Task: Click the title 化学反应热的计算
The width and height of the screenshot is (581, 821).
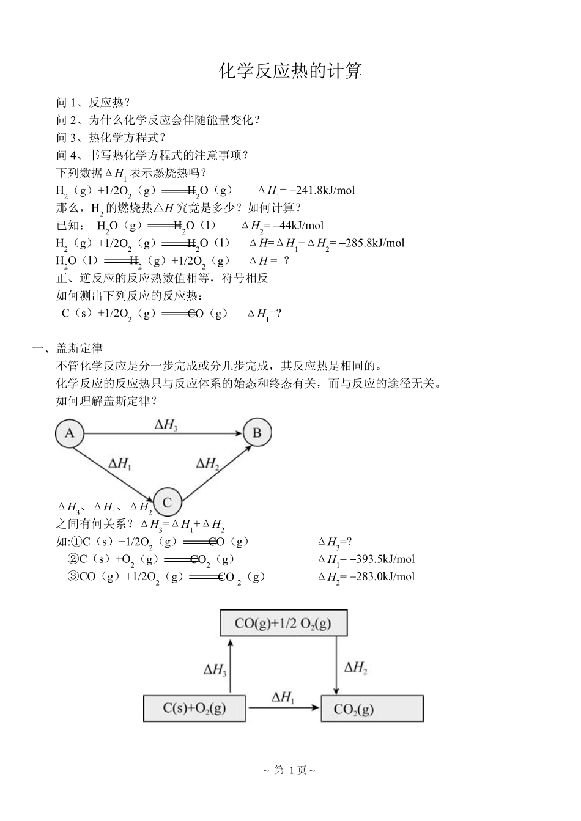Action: click(290, 71)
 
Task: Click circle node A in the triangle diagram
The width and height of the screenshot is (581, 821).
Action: click(70, 433)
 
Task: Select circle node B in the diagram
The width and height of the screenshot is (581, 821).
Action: click(257, 433)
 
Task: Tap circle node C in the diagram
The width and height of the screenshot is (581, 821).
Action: click(167, 503)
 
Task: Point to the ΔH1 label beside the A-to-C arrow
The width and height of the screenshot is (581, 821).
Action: click(120, 463)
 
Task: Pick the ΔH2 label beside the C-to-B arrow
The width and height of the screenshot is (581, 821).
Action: click(208, 463)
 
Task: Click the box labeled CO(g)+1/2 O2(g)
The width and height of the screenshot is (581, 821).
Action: click(283, 624)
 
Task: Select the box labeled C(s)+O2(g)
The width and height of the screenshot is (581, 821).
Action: click(194, 709)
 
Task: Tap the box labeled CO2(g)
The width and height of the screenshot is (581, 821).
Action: click(372, 709)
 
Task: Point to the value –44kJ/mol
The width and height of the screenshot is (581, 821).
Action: click(298, 226)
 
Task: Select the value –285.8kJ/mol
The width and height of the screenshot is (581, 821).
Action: click(371, 243)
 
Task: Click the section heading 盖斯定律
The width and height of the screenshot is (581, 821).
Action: click(80, 348)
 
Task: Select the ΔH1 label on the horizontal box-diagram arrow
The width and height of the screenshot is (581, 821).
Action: click(283, 698)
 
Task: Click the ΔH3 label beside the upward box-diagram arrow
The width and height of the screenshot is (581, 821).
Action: click(215, 670)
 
